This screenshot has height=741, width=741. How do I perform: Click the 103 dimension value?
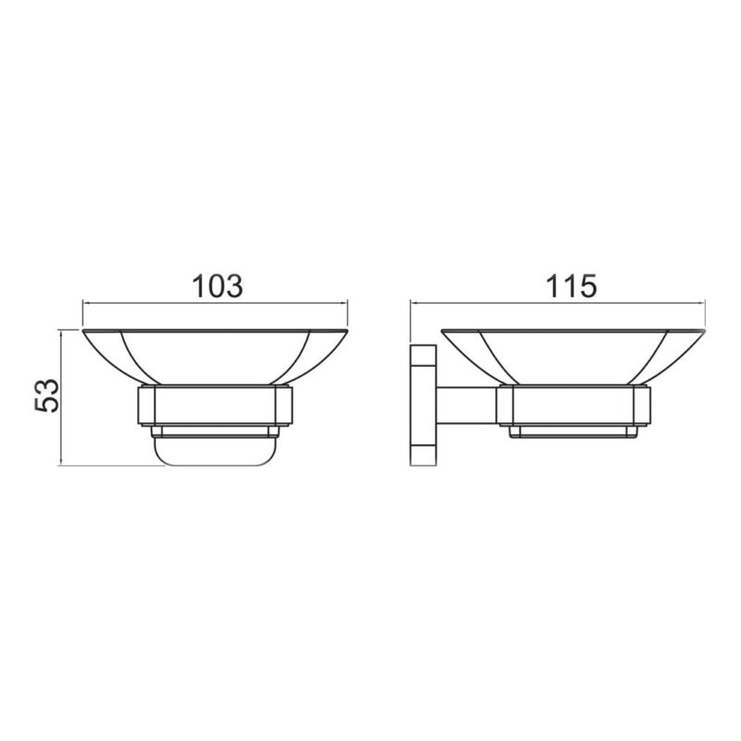click(x=218, y=286)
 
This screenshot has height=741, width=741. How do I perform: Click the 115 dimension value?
click(x=571, y=286)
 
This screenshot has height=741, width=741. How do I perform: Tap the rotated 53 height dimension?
click(x=48, y=396)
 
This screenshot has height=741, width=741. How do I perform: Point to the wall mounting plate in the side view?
click(x=423, y=406)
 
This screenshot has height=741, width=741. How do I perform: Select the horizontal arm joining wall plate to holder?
click(x=467, y=406)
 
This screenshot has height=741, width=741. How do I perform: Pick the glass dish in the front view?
click(x=215, y=357)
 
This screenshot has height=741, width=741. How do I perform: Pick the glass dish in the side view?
click(x=573, y=357)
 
